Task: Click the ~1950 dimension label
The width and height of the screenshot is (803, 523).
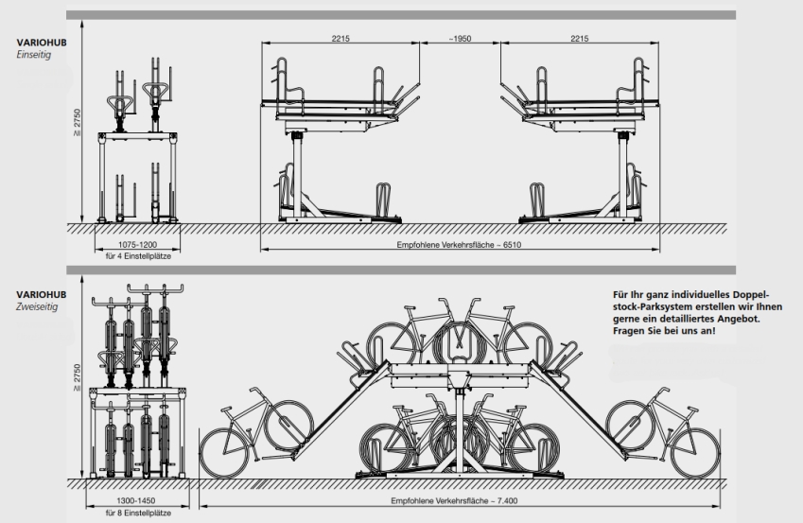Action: [x=460, y=39]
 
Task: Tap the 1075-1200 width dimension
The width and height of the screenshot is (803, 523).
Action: [x=138, y=245]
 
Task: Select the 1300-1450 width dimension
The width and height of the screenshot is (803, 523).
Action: [x=135, y=501]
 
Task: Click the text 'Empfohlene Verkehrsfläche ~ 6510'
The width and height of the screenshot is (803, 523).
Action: [x=459, y=245]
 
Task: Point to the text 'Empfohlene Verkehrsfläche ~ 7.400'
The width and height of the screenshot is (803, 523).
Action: [x=458, y=501]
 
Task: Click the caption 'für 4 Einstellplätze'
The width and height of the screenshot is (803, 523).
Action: [x=138, y=256]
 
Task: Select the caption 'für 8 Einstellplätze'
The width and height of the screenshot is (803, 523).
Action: [x=138, y=513]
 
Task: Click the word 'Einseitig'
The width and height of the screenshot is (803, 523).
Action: [x=34, y=55]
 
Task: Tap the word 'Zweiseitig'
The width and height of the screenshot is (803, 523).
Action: [x=37, y=306]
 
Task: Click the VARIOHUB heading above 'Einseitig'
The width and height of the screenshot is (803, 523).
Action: [x=42, y=43]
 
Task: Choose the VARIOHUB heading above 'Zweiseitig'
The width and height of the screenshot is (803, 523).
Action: [x=42, y=294]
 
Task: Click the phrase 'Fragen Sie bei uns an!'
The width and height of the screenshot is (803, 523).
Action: [x=664, y=331]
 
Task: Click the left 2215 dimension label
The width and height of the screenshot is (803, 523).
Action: [x=340, y=39]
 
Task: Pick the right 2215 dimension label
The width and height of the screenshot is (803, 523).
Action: [x=579, y=39]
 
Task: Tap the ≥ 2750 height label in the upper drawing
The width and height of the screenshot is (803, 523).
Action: [x=77, y=122]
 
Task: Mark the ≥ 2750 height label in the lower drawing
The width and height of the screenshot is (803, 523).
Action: [x=77, y=377]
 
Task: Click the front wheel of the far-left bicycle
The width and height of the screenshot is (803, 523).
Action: [x=225, y=453]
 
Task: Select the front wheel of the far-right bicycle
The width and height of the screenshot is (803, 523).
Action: [x=695, y=453]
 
